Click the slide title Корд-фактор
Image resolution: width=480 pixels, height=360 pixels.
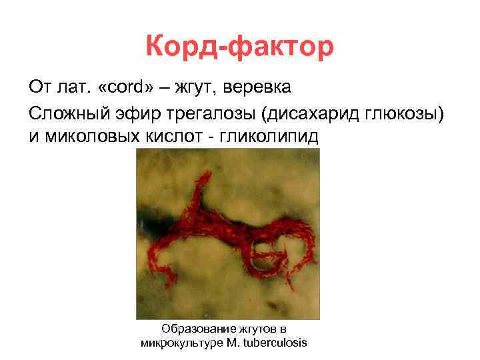239,48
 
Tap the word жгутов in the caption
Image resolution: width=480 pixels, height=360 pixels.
255,329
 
